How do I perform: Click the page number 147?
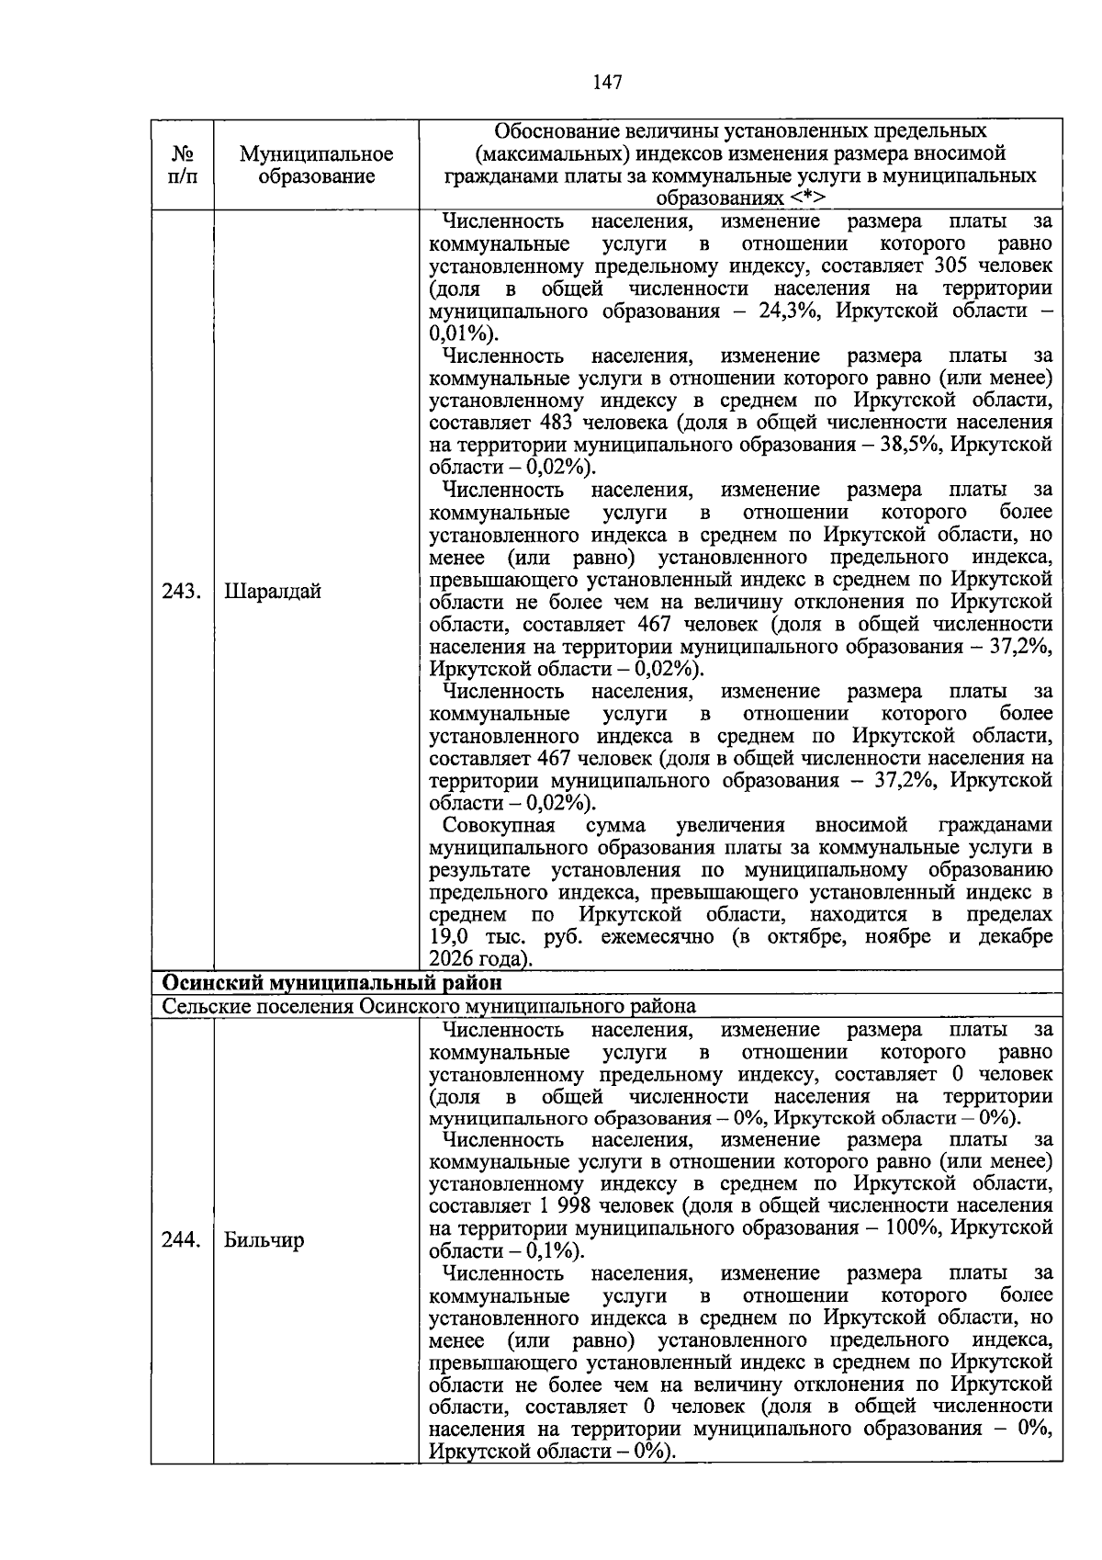click(607, 83)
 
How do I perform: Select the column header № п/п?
click(182, 165)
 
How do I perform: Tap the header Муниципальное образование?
click(316, 165)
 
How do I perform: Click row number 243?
click(181, 591)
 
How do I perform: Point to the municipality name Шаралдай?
click(273, 591)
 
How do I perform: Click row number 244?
click(181, 1240)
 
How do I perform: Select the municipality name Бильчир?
click(264, 1240)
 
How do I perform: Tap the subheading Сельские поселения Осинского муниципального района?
click(429, 1006)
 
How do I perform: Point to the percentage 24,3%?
click(786, 311)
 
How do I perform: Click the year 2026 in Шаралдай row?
click(453, 960)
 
